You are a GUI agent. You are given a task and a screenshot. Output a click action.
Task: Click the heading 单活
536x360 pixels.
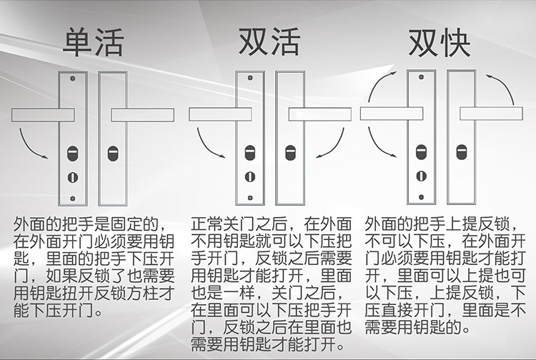[x=93, y=43]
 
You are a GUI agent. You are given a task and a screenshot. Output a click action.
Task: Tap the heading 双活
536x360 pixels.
[x=269, y=43]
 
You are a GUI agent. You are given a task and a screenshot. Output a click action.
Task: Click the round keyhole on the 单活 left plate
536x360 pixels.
[x=71, y=176]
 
